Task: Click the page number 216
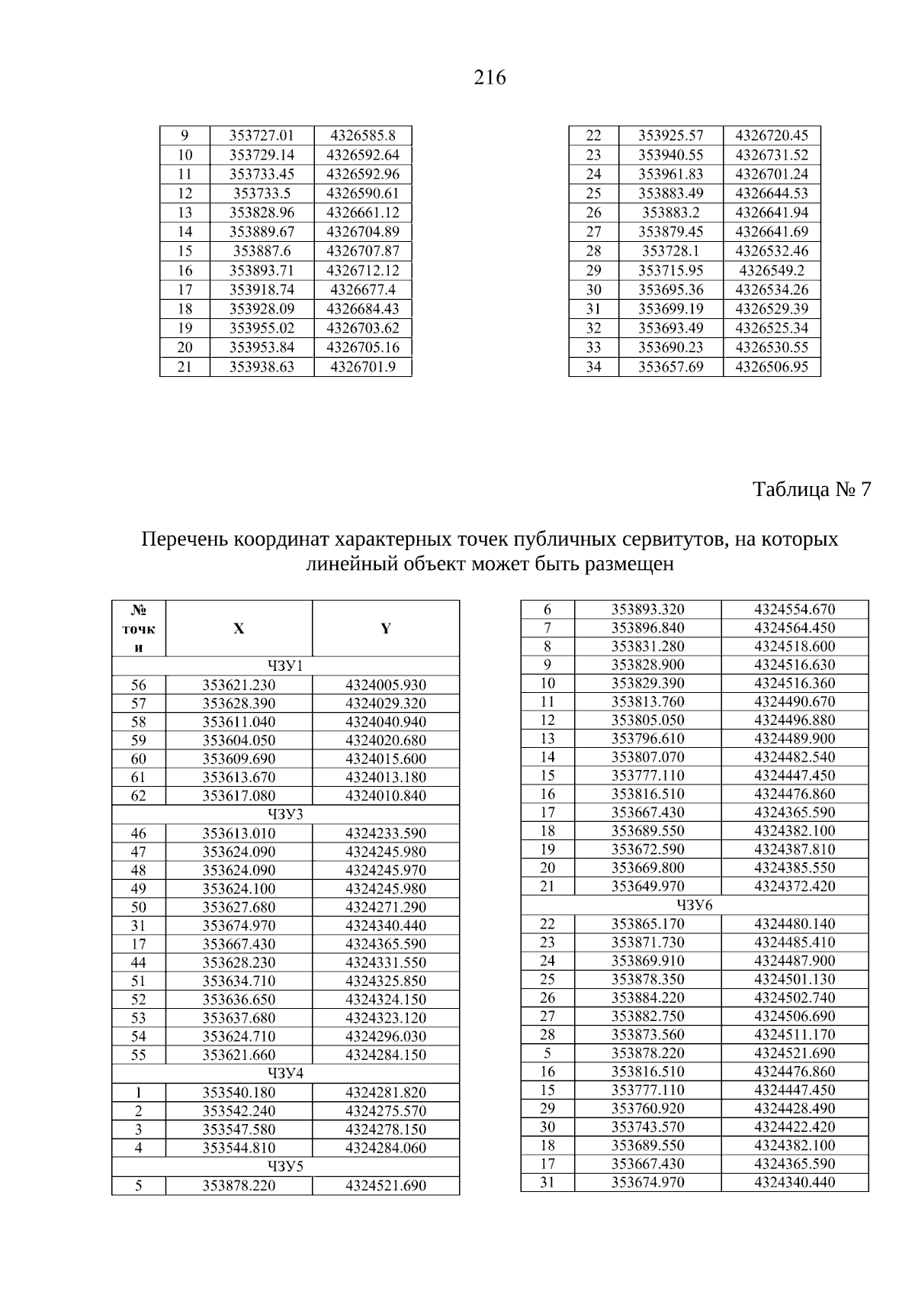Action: [x=490, y=78]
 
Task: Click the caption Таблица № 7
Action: [x=811, y=489]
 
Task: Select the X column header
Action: [x=239, y=629]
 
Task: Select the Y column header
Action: [x=386, y=629]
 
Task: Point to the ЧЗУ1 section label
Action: [x=286, y=666]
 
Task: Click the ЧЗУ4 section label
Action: [x=286, y=1074]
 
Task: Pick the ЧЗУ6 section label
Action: [x=695, y=905]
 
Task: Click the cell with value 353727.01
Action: [x=262, y=136]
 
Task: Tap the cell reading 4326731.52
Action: [x=772, y=155]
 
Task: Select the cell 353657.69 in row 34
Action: [x=670, y=367]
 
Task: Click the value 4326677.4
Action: [x=363, y=290]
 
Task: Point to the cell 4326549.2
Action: [x=772, y=271]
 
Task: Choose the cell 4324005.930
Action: [x=386, y=685]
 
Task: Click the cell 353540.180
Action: [x=239, y=1093]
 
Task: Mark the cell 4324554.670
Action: [x=795, y=610]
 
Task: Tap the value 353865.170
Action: [x=648, y=924]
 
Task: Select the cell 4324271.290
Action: [x=386, y=907]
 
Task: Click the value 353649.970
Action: [x=648, y=887]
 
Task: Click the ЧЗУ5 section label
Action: [x=286, y=1167]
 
